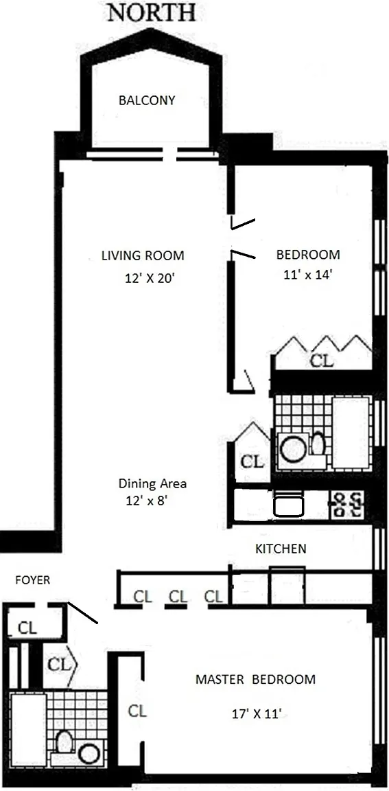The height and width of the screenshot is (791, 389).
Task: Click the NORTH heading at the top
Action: (x=151, y=12)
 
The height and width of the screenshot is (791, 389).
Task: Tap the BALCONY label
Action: (x=147, y=100)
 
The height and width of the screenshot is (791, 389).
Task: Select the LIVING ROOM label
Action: (x=143, y=255)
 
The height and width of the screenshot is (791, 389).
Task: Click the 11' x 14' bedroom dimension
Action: (x=307, y=275)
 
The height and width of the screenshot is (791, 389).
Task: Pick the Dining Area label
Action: (x=152, y=484)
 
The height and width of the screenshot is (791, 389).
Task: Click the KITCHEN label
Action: (x=281, y=549)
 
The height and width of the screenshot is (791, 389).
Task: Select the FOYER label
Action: (x=33, y=581)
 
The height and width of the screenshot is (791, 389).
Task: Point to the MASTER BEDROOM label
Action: (x=255, y=680)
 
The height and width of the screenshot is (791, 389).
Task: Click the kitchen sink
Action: (x=289, y=505)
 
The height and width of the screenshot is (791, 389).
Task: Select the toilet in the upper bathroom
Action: (x=318, y=444)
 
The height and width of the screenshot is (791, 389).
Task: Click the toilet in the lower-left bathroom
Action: (x=64, y=742)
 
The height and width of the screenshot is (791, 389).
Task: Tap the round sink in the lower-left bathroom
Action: (x=89, y=754)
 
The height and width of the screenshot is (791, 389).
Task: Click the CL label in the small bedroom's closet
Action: (x=322, y=360)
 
